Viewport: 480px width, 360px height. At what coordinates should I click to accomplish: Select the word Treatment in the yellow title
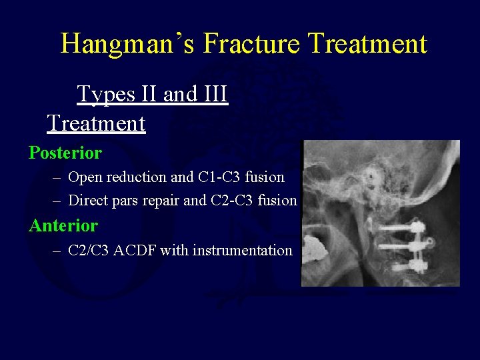coord(373,44)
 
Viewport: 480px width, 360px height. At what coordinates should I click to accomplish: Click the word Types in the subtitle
coord(104,94)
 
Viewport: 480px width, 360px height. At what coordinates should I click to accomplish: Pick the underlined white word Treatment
coord(96,123)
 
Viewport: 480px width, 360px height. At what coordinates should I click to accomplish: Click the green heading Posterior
coord(65,153)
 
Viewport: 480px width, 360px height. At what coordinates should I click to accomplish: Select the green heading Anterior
coord(63,226)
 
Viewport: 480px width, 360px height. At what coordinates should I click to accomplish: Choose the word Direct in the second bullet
coord(89,200)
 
